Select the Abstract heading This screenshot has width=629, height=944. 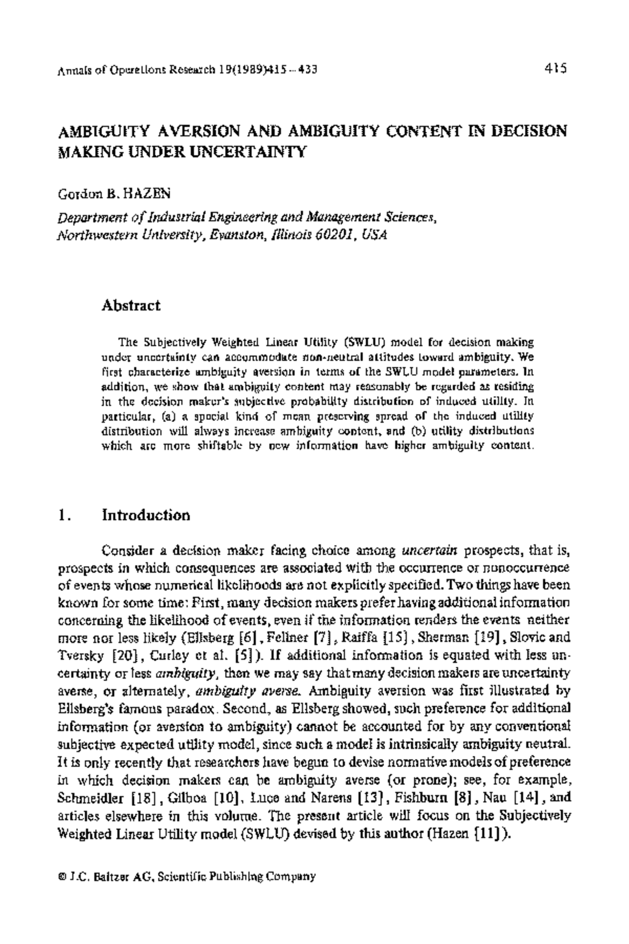[x=131, y=305]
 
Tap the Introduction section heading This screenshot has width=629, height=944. [x=146, y=515]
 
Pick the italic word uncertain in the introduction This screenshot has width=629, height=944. [x=430, y=550]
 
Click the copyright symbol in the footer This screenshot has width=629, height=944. [x=62, y=876]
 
